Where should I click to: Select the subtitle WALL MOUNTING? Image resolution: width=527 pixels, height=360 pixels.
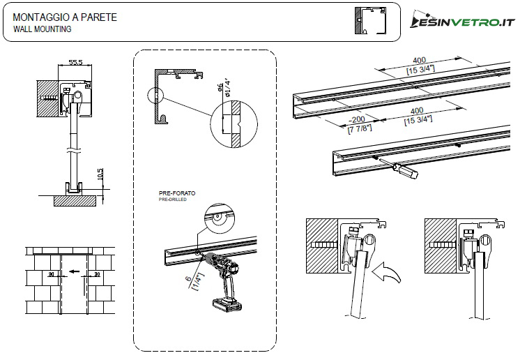click(42, 29)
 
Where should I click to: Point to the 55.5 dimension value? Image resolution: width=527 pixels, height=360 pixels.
click(75, 62)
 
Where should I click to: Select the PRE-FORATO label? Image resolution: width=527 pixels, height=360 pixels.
click(177, 193)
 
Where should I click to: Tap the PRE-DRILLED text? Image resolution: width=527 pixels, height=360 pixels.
click(173, 200)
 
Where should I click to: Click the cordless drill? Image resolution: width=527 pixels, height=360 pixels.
click(227, 279)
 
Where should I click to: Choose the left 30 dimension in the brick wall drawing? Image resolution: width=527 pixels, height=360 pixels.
click(50, 274)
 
